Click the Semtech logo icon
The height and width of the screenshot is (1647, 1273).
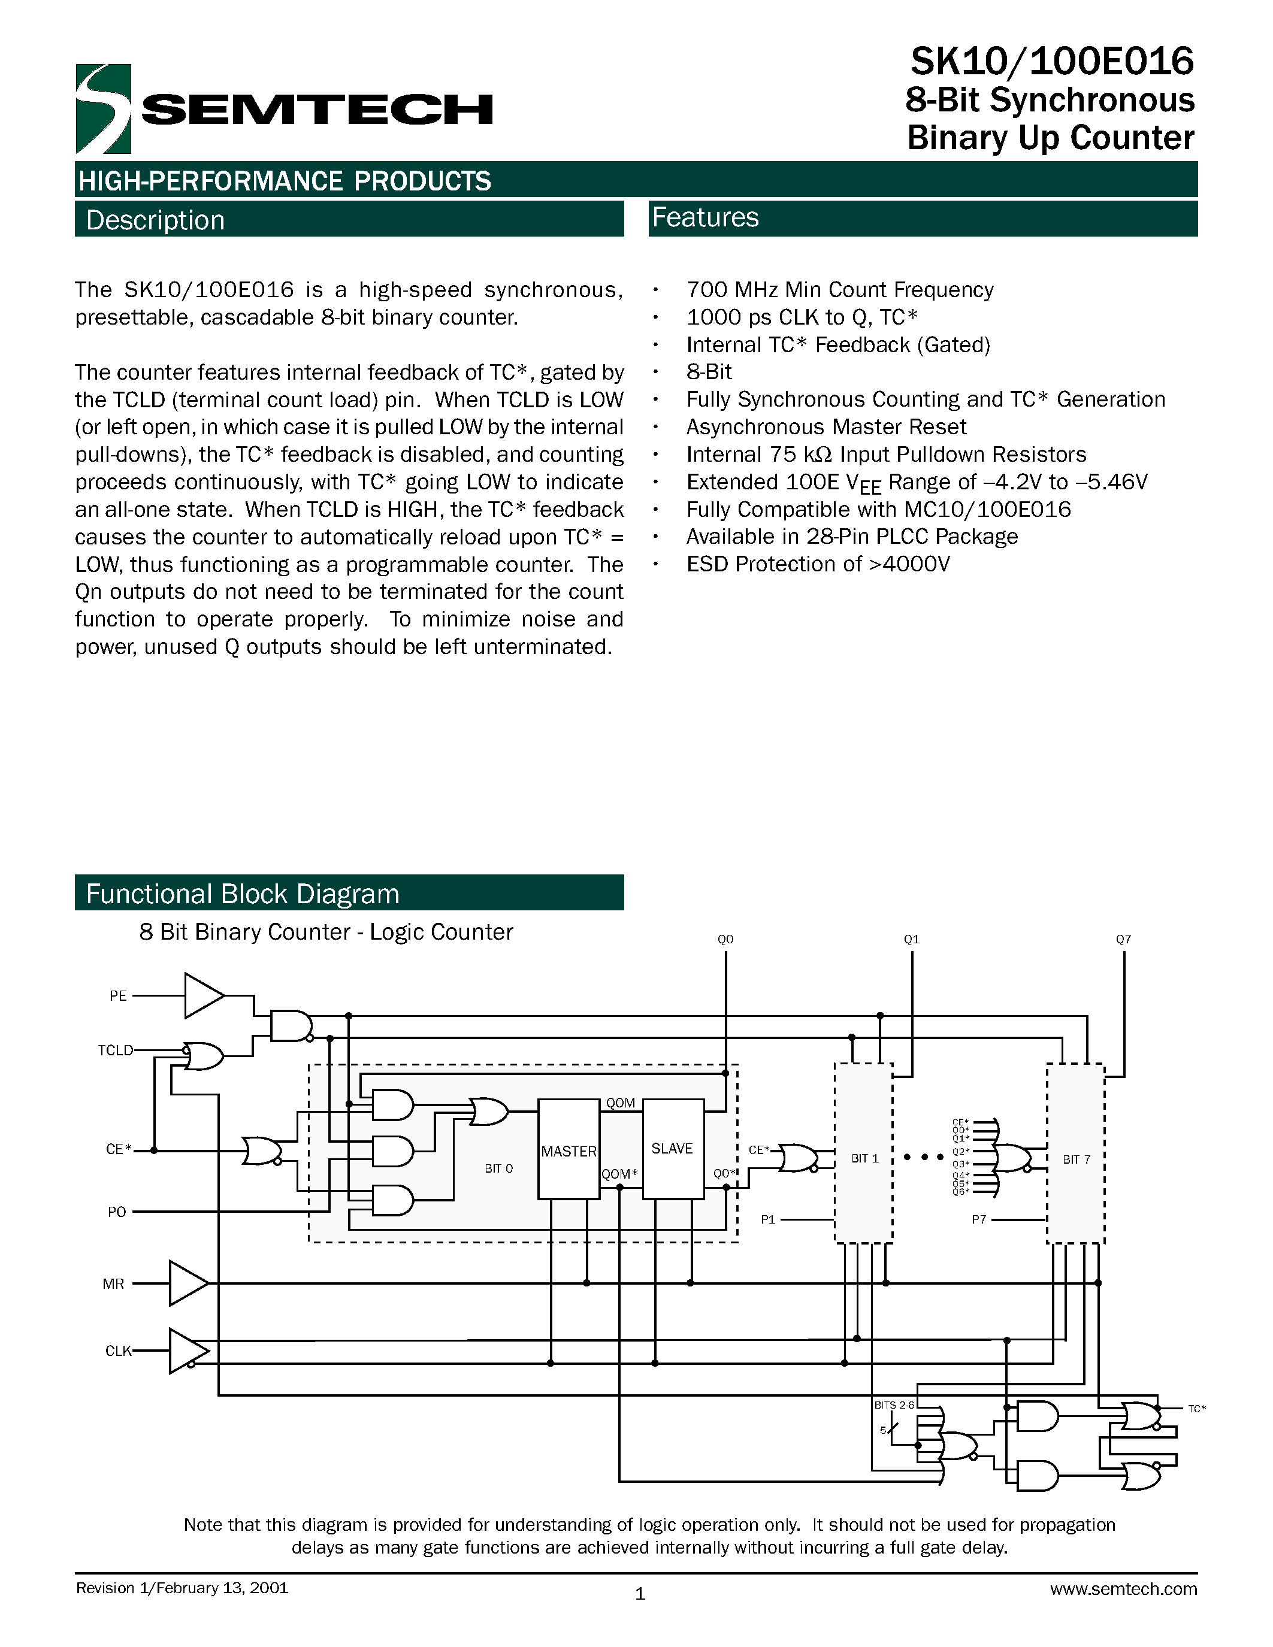click(103, 110)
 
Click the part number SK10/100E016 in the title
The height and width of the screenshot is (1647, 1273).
click(1051, 61)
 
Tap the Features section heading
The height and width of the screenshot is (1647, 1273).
click(705, 217)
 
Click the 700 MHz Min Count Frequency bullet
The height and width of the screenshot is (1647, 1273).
click(839, 290)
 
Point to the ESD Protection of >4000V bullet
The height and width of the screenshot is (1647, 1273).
click(818, 564)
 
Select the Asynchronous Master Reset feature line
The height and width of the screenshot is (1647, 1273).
click(826, 427)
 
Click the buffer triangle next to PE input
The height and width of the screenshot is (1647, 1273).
click(202, 995)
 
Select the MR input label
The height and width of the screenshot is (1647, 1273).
click(113, 1284)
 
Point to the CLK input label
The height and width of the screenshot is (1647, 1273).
click(117, 1351)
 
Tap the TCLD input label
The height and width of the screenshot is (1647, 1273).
click(116, 1050)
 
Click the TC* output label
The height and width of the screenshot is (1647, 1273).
click(1197, 1409)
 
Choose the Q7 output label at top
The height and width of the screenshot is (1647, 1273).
click(1123, 940)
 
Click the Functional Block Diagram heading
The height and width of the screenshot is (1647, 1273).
click(242, 894)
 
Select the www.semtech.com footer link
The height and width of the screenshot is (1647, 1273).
click(1123, 1589)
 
